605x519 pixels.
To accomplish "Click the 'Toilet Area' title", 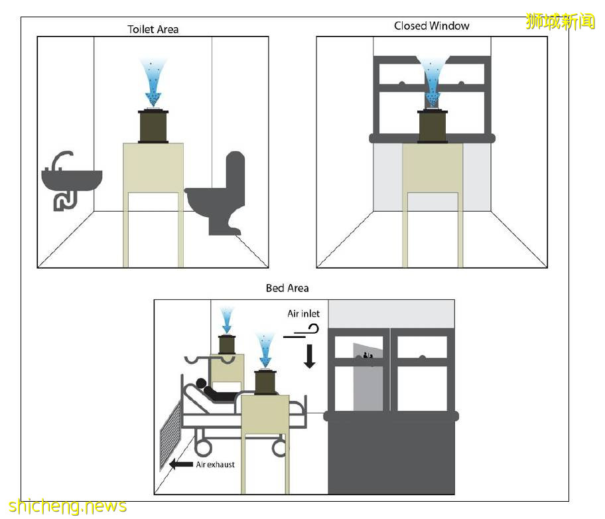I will click(x=153, y=29).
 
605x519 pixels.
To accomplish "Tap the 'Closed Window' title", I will click(x=431, y=26).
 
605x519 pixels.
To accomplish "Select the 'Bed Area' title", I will click(x=287, y=288).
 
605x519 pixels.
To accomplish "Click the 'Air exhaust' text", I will click(x=215, y=465).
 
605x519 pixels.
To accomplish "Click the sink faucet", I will click(x=61, y=160).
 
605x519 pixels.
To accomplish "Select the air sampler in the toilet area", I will click(x=153, y=125).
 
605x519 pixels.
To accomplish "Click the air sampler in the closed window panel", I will click(x=433, y=125).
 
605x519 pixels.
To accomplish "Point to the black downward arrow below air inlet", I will click(x=309, y=355).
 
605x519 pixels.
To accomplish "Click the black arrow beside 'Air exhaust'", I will click(x=181, y=465).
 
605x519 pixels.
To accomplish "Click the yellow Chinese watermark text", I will click(x=560, y=21).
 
